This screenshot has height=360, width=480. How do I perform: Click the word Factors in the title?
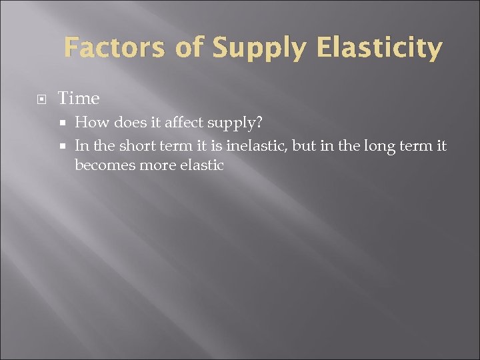(x=113, y=49)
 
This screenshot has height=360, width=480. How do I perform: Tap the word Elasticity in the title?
(x=379, y=49)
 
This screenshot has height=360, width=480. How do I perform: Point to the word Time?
(x=79, y=99)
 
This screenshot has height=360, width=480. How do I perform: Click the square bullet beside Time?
(x=41, y=99)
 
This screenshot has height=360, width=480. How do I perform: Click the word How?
(x=92, y=123)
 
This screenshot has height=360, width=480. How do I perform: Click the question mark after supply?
(x=259, y=123)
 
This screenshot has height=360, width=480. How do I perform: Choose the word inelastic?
(x=253, y=145)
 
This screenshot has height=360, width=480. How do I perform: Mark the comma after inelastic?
(x=287, y=148)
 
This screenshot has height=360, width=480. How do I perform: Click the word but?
(x=303, y=145)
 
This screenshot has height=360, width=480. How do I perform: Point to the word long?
(x=378, y=146)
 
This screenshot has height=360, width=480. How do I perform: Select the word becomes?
(x=105, y=165)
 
